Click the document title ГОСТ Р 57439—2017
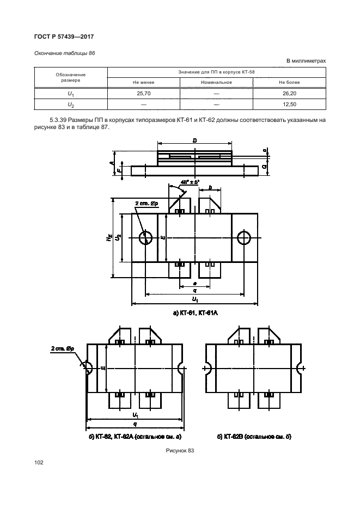(x=64, y=36)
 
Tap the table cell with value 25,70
(x=143, y=94)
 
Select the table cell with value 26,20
(x=289, y=94)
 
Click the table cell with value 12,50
(x=289, y=105)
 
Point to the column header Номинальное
(x=216, y=82)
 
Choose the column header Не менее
(x=143, y=82)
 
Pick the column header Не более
(x=289, y=82)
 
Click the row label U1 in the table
(x=71, y=94)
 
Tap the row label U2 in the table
(x=71, y=105)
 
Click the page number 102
(x=39, y=463)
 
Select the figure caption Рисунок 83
(x=180, y=451)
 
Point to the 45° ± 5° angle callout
(x=190, y=182)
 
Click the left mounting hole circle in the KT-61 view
(x=145, y=238)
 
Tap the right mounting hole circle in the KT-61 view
(x=243, y=238)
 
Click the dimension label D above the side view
(x=194, y=140)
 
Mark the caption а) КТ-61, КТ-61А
(x=195, y=313)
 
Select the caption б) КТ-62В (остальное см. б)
(x=254, y=437)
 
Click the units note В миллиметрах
(x=306, y=61)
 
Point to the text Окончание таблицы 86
(x=65, y=53)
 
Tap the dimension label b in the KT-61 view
(x=210, y=187)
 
